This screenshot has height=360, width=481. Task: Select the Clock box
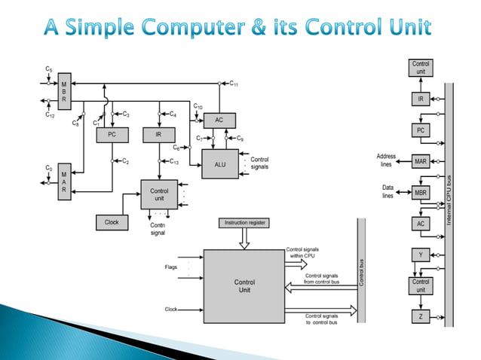coord(112,222)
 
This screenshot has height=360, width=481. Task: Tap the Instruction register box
coord(244,223)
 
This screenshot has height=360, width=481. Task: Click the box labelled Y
coord(421,255)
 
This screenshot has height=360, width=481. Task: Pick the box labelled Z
coord(421,317)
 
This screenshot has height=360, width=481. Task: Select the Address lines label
coord(386,160)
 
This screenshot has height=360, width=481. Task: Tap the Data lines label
coord(388,191)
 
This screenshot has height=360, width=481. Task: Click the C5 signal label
coord(49,69)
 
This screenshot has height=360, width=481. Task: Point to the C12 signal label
coord(49,116)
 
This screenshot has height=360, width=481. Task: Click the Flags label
coord(171,267)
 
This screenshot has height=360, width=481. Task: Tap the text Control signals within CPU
coord(305,252)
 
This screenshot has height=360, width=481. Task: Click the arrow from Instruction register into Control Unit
coord(244,239)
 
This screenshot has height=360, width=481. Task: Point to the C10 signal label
coord(198,107)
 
